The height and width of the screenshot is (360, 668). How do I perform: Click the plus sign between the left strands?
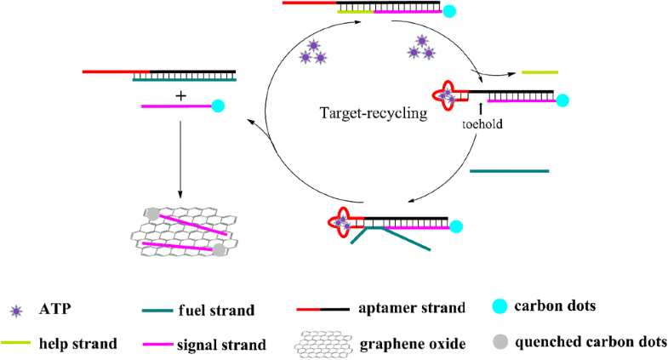[180, 96]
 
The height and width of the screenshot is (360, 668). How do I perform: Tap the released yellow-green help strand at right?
[540, 72]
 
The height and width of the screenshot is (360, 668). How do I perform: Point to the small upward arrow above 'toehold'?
[482, 108]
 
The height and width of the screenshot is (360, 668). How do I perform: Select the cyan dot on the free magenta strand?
[218, 106]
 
